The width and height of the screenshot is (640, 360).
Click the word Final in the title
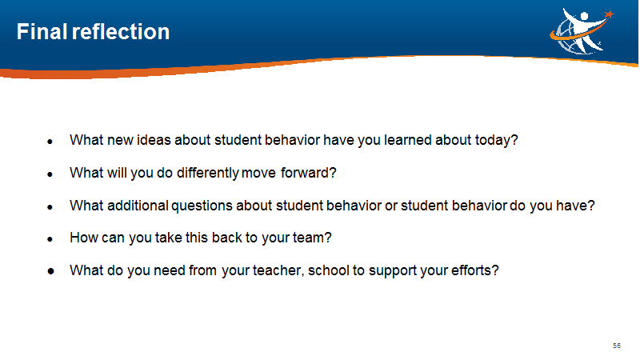[x=42, y=31]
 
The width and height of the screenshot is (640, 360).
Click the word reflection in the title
[x=121, y=31]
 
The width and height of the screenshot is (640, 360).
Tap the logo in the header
[x=582, y=31]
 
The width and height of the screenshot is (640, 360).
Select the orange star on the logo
[x=609, y=14]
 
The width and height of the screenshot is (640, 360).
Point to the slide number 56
[x=616, y=346]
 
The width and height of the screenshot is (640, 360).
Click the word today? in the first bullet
[x=496, y=141]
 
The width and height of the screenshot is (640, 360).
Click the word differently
[x=208, y=173]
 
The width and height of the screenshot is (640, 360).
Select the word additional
[x=138, y=206]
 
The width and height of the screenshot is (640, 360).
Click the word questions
[x=202, y=206]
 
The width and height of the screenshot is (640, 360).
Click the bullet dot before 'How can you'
[x=50, y=239]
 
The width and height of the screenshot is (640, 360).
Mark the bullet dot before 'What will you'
[x=50, y=174]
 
